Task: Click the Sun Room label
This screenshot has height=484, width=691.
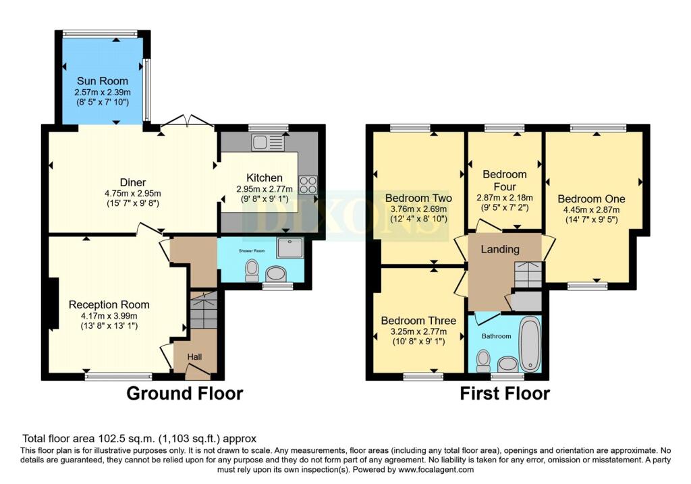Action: pyautogui.click(x=103, y=81)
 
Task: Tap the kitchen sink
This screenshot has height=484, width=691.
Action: pyautogui.click(x=268, y=142)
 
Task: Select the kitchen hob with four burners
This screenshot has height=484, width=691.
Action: pyautogui.click(x=308, y=185)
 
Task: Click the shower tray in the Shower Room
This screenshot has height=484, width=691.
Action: pyautogui.click(x=290, y=248)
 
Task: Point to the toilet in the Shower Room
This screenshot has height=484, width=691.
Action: pyautogui.click(x=252, y=270)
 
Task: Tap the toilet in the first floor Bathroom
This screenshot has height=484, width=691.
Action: pyautogui.click(x=483, y=361)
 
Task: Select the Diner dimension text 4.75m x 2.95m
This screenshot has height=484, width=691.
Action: pyautogui.click(x=133, y=193)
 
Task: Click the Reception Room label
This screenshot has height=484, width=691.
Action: pyautogui.click(x=109, y=304)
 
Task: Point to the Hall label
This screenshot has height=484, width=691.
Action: pyautogui.click(x=194, y=356)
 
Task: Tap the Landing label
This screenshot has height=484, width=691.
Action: pyautogui.click(x=500, y=250)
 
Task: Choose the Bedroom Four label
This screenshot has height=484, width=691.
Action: pyautogui.click(x=505, y=180)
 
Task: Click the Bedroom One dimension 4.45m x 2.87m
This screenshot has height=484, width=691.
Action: pyautogui.click(x=591, y=210)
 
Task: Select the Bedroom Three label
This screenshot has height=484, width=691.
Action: pyautogui.click(x=418, y=321)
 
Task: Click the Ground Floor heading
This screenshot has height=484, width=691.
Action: pyautogui.click(x=185, y=393)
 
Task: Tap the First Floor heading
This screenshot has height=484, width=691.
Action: pyautogui.click(x=505, y=393)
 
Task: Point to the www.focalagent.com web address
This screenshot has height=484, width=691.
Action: pyautogui.click(x=436, y=469)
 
